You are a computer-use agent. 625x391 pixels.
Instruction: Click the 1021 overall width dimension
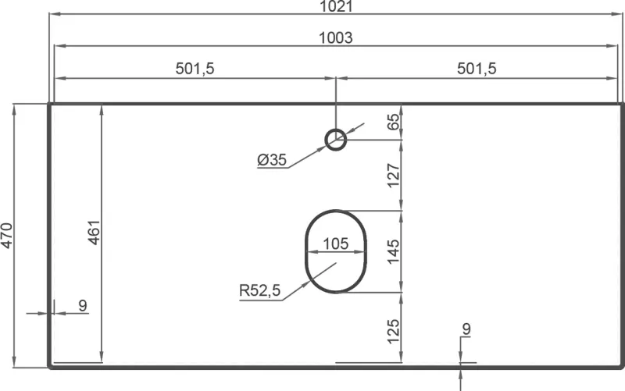(336, 6)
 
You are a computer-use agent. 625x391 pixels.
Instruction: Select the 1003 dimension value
(336, 37)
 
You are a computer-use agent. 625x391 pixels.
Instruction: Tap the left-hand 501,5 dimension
(195, 69)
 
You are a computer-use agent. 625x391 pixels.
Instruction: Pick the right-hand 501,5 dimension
(477, 69)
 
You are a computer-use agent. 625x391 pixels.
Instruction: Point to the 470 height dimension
(8, 236)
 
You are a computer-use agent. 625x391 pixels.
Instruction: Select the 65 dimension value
(394, 122)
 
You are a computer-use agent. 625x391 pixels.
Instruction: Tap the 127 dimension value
(394, 176)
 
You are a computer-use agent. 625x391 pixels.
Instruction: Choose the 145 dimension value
(394, 251)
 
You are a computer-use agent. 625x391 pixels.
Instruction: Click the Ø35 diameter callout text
(272, 160)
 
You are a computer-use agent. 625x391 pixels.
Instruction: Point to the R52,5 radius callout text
(259, 291)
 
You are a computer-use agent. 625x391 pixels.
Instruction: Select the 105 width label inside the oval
(335, 243)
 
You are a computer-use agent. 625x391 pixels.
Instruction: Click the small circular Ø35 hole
(336, 140)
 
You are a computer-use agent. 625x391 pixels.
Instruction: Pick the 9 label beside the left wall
(83, 305)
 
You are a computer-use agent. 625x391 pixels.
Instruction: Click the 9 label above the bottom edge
(466, 329)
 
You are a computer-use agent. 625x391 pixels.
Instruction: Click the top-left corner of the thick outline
(50, 104)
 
